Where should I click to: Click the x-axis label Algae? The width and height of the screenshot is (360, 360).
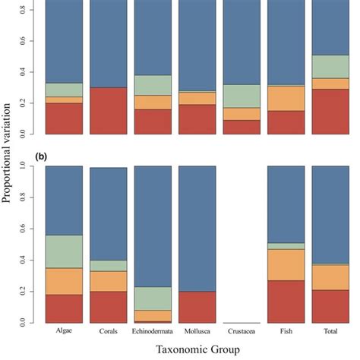click(x=64, y=331)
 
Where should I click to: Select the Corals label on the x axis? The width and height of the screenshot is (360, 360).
click(x=109, y=332)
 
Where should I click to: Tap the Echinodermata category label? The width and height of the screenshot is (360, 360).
click(x=153, y=332)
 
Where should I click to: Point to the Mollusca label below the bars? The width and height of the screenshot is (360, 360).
click(x=197, y=332)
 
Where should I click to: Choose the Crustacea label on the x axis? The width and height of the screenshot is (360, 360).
click(x=242, y=332)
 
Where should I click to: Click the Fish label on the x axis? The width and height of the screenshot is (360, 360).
click(x=286, y=332)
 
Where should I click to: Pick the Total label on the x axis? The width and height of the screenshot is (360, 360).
click(x=330, y=332)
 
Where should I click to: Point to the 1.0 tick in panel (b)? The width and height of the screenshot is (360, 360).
click(x=31, y=166)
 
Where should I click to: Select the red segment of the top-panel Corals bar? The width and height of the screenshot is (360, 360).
click(x=109, y=110)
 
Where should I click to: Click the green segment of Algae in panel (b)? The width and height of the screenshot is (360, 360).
click(x=64, y=251)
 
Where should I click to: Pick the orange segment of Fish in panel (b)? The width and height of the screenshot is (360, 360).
click(x=286, y=265)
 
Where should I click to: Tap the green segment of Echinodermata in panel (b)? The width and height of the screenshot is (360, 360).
click(x=153, y=298)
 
